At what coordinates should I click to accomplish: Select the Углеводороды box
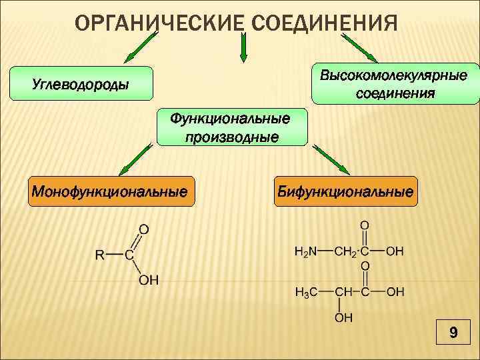click(x=81, y=84)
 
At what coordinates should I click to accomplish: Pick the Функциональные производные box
click(x=232, y=127)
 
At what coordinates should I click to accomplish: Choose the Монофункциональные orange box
click(x=109, y=192)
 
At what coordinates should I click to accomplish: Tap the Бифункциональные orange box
click(x=346, y=192)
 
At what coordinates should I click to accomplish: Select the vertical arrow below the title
click(x=243, y=47)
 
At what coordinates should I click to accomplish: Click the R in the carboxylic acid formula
click(x=99, y=254)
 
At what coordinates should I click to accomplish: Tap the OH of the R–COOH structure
click(x=149, y=280)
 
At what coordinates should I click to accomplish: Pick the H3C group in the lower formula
click(x=305, y=292)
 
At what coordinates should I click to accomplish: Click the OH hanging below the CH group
click(x=343, y=318)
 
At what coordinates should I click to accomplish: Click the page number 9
click(x=453, y=333)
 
